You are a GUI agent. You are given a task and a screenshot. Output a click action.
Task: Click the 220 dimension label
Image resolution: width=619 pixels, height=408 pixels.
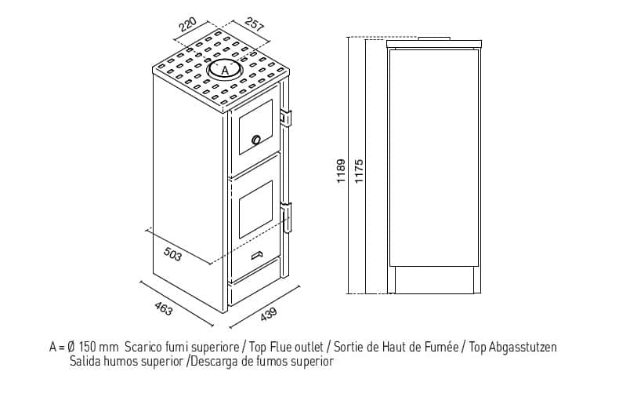[188, 25]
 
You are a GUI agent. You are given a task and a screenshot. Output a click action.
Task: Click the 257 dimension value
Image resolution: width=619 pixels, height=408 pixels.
[254, 24]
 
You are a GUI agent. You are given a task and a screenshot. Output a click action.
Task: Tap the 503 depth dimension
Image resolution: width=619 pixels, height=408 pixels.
[172, 253]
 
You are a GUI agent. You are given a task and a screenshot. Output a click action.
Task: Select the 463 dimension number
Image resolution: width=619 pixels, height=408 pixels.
[163, 309]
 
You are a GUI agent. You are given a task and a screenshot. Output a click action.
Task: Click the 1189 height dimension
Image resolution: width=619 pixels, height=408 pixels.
[341, 171]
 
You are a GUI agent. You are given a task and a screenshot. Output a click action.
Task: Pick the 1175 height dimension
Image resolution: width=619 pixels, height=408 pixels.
[358, 171]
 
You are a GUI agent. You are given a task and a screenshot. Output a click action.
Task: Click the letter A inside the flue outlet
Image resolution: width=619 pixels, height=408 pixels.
[224, 71]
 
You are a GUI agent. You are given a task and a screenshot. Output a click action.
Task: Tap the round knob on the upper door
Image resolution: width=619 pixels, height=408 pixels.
[255, 139]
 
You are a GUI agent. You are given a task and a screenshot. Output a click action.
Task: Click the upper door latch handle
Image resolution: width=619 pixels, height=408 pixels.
[286, 118]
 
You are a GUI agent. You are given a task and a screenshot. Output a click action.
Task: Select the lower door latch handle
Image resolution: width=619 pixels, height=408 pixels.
[286, 217]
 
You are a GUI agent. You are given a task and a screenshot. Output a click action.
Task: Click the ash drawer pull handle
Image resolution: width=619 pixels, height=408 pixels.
[257, 256]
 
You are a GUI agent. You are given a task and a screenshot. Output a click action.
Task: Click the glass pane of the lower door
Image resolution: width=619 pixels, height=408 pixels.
[255, 209]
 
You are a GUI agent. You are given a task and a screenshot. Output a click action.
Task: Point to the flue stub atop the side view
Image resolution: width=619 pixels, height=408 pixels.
[434, 38]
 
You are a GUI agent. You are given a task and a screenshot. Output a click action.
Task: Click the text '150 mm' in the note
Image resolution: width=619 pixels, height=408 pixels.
[98, 347]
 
